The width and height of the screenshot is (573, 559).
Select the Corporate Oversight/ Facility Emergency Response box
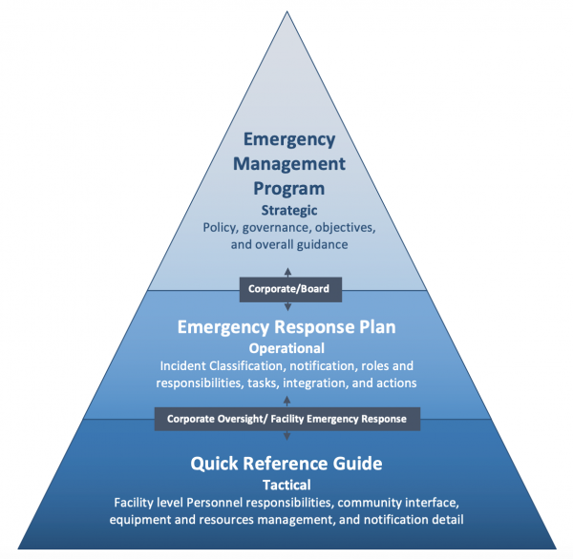pos(286,418)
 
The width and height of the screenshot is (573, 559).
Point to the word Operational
pos(286,348)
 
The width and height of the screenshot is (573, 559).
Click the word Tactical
pos(286,485)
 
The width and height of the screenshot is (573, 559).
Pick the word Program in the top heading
pos(287,187)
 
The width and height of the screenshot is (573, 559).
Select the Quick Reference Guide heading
pos(286,464)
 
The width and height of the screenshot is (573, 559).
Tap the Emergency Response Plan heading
pos(286,327)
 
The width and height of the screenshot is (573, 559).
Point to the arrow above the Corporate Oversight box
pos(287,402)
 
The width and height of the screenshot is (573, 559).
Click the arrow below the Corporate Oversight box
pos(287,435)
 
